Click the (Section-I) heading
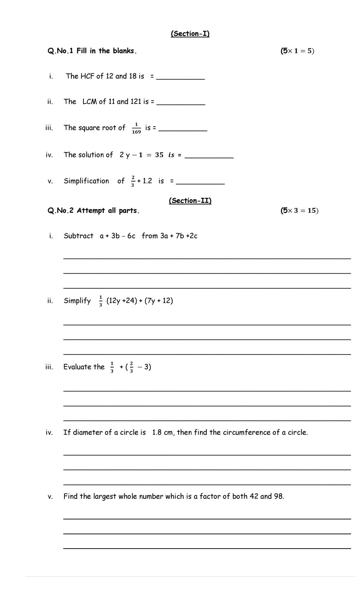coord(190,34)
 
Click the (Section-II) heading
coord(190,200)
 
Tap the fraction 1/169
coord(136,128)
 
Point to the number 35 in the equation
coord(159,155)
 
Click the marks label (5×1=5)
coord(297,51)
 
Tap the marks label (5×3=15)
coord(299,210)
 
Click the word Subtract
coord(78,236)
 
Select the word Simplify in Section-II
coord(77,301)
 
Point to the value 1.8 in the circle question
coord(157,432)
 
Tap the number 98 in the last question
coord(278,496)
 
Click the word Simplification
coord(86,181)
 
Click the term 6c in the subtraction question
coord(131,236)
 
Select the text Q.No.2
coord(60,211)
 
